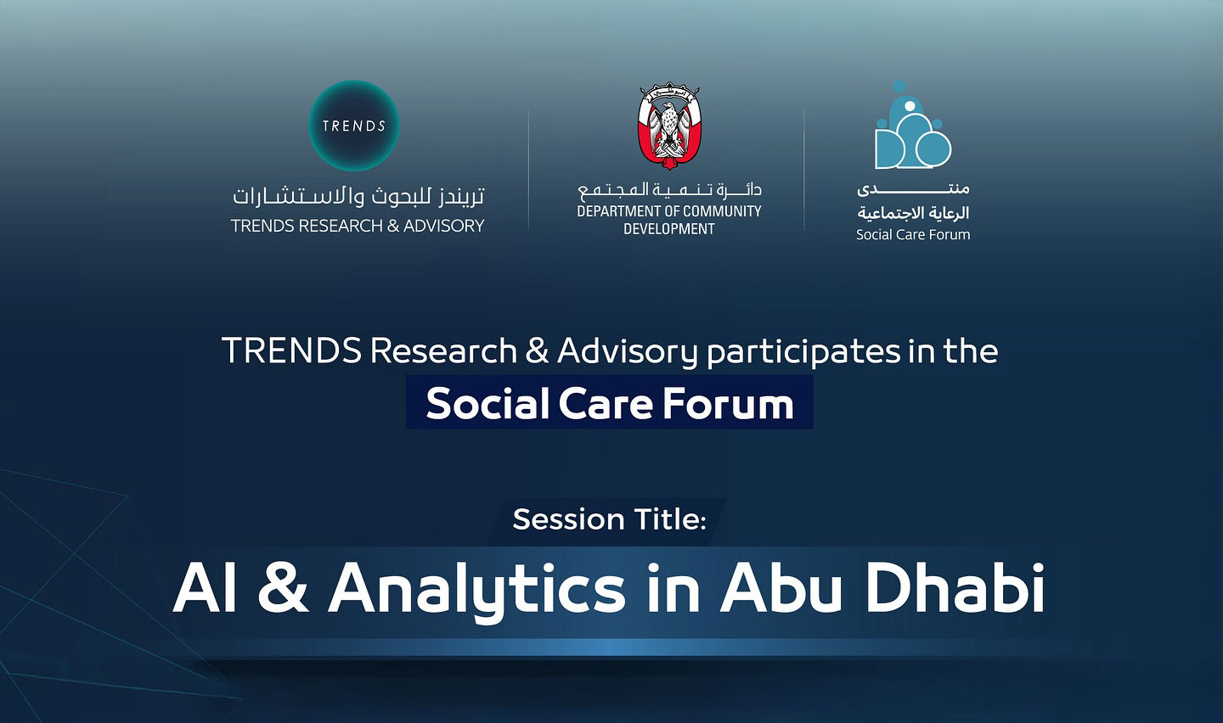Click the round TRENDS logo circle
coord(354,126)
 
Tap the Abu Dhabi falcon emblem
coord(669,126)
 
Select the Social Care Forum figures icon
coord(913,125)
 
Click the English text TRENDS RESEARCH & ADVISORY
coord(358,226)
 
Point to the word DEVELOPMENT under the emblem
coord(669,229)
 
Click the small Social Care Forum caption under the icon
coord(913,235)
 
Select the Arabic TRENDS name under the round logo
coord(358,196)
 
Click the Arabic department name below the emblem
coord(669,189)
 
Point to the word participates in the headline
coord(803,352)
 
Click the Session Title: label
coord(609,519)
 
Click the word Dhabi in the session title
coord(954,587)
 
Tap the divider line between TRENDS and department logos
coord(528,169)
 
